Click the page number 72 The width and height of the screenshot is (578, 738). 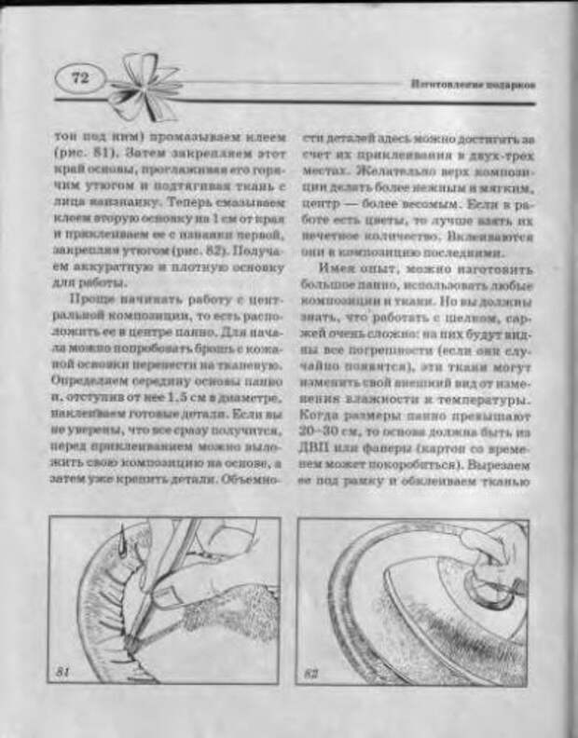pyautogui.click(x=78, y=79)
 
